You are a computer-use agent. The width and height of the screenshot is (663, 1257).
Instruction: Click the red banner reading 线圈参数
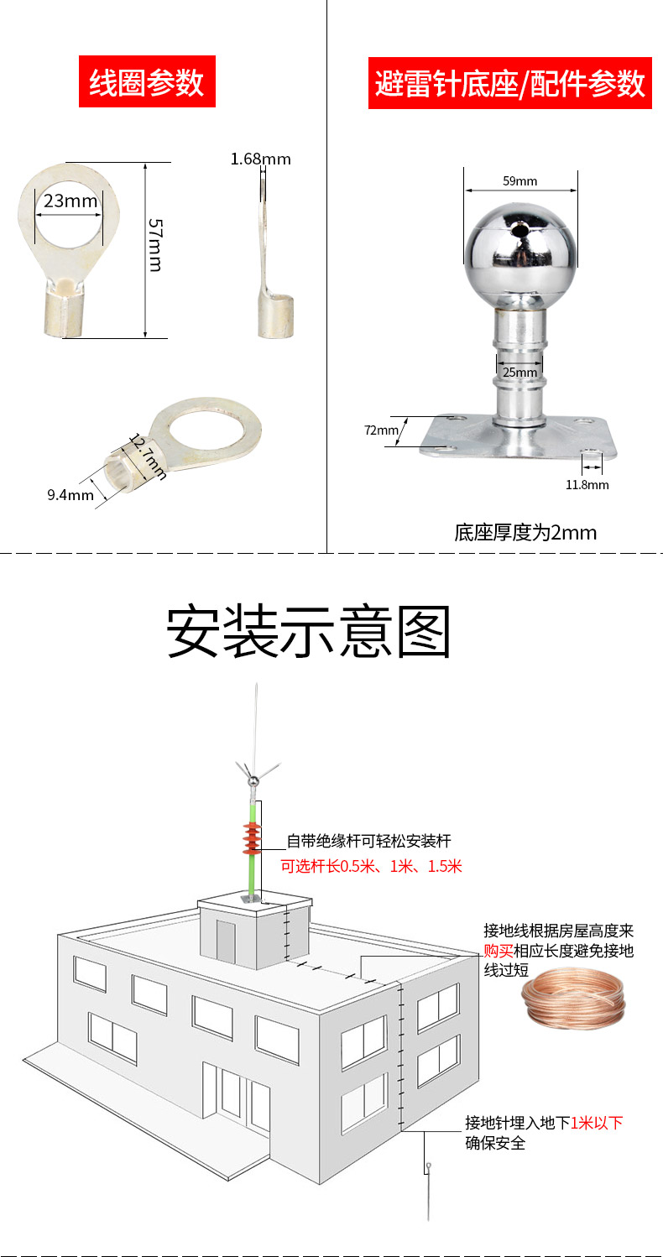click(x=147, y=81)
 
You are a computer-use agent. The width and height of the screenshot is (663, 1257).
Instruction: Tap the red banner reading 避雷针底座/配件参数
click(x=509, y=83)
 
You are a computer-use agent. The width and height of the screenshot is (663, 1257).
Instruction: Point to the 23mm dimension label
click(x=70, y=201)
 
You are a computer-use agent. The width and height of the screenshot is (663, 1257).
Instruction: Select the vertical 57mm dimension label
click(x=155, y=245)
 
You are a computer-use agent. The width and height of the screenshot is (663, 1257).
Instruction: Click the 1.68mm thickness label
click(x=260, y=159)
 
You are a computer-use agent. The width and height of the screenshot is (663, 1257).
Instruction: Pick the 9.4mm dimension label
click(x=70, y=495)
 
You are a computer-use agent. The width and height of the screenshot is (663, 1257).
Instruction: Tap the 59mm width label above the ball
click(x=519, y=181)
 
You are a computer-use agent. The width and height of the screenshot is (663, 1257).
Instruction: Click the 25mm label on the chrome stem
click(x=519, y=373)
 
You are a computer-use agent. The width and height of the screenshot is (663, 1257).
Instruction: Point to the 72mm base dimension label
click(x=381, y=430)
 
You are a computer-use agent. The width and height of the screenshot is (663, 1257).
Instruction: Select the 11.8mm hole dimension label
click(x=587, y=485)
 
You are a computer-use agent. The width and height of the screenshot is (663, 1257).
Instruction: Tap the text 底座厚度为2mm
click(x=525, y=533)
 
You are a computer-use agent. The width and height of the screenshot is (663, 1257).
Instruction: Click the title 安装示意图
click(x=309, y=631)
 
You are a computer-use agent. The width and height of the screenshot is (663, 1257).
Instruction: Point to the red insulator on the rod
click(x=252, y=837)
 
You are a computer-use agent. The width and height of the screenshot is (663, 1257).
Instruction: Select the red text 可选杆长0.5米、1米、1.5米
click(x=371, y=867)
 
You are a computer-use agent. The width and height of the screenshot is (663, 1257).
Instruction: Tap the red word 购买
click(x=499, y=951)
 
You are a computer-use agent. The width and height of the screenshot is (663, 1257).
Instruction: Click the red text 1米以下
click(x=597, y=1123)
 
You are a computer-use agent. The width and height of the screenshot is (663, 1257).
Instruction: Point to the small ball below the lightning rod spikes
click(x=253, y=780)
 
